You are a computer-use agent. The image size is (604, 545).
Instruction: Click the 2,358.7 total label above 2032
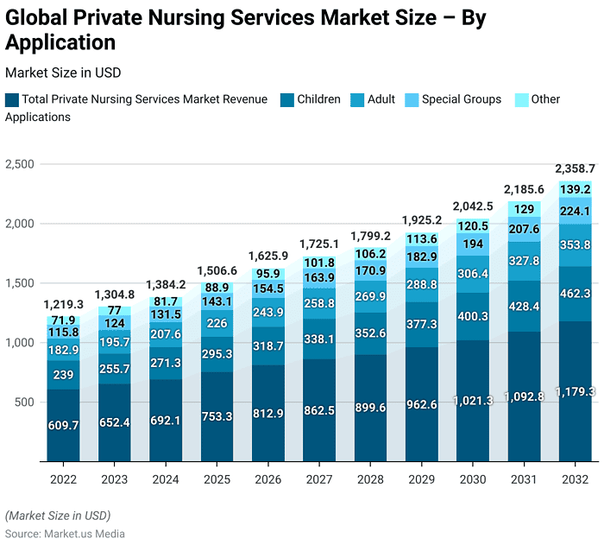tap(574, 168)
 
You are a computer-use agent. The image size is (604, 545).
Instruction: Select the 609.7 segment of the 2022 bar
tap(63, 425)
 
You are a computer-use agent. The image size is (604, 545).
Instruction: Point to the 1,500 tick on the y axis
tap(19, 283)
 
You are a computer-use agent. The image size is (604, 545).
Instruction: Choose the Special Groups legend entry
tap(461, 99)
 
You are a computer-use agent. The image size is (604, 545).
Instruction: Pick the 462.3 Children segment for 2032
tap(575, 294)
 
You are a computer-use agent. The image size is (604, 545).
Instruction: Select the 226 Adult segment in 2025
tap(217, 324)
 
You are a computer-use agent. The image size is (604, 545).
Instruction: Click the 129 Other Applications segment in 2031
tap(524, 209)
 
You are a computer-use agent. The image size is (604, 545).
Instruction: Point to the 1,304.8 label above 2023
tap(114, 294)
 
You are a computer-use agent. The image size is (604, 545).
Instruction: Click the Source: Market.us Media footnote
tap(65, 534)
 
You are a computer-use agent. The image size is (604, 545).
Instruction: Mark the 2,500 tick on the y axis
tap(19, 164)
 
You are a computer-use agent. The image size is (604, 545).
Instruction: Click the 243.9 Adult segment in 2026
tap(267, 312)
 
